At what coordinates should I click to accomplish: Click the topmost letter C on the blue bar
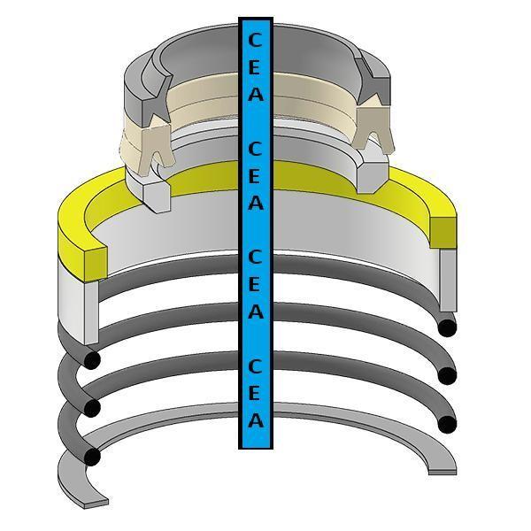[x=255, y=40]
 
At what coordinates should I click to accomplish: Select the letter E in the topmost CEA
[x=255, y=67]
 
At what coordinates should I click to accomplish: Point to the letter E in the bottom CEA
[x=256, y=393]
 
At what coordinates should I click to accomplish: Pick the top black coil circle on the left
[x=91, y=360]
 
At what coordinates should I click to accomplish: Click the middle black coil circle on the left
[x=90, y=407]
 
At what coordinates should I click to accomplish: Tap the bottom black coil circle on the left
[x=90, y=457]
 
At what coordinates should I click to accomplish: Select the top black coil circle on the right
[x=448, y=327]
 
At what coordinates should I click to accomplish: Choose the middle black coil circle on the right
[x=448, y=375]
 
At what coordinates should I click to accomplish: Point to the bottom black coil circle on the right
[x=448, y=423]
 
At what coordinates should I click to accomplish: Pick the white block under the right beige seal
[x=372, y=173]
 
